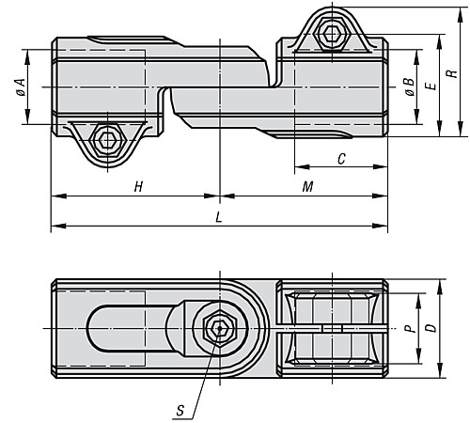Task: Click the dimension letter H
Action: [138, 187]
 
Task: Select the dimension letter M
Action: [307, 187]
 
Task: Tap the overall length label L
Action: [219, 217]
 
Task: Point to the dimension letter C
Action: [341, 159]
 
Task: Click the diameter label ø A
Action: [21, 87]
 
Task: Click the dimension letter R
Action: [452, 73]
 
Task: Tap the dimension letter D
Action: [431, 328]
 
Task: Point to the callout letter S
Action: [180, 410]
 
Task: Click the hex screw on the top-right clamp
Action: [332, 33]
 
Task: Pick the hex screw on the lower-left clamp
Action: [107, 141]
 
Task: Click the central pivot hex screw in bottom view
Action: [220, 329]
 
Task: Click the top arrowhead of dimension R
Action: [461, 14]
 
